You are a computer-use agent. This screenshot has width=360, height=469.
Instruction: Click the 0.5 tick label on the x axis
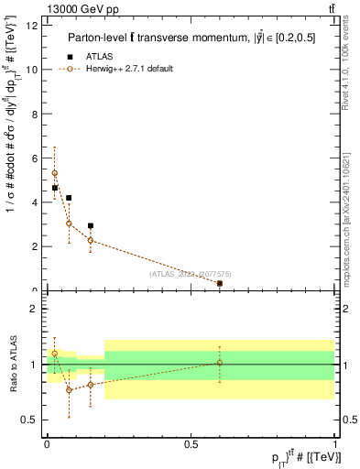(x=191, y=443)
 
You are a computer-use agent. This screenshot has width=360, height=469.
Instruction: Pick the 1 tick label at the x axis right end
(x=335, y=443)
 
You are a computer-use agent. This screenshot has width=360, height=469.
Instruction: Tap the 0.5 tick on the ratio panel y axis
(x=29, y=420)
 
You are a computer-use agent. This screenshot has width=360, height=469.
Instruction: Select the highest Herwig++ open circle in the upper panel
(x=55, y=173)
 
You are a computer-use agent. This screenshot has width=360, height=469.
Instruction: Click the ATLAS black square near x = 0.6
(x=220, y=284)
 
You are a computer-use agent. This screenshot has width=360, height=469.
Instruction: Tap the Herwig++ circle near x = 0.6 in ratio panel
(x=220, y=363)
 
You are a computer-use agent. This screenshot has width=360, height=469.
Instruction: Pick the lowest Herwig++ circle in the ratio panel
(x=69, y=390)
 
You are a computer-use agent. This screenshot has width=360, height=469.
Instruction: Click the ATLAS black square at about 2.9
(x=90, y=225)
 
